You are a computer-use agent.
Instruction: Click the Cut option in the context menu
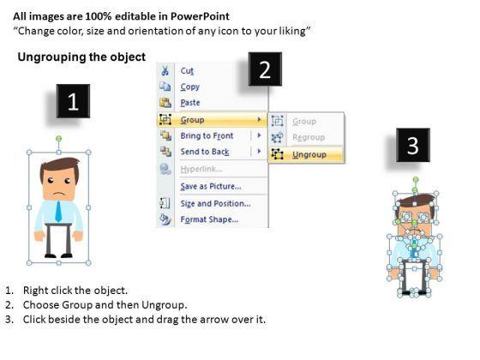tap(187, 70)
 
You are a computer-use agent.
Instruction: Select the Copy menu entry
tap(189, 87)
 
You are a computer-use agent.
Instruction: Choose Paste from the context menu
tap(190, 103)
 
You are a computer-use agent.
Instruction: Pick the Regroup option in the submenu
tap(309, 137)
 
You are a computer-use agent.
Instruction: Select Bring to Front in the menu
tap(207, 135)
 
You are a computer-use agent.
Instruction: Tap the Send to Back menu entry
tap(205, 152)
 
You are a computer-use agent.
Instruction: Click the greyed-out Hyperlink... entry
tap(201, 169)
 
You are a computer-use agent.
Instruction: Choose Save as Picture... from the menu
tap(211, 186)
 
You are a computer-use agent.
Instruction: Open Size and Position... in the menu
tap(215, 203)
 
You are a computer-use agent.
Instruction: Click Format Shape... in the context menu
tap(209, 219)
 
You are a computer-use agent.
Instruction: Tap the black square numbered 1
tap(73, 101)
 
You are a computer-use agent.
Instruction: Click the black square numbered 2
tap(265, 69)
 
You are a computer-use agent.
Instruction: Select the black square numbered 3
tap(413, 145)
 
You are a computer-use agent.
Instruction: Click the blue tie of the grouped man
tap(58, 211)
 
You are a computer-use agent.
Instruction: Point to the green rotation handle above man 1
tap(59, 139)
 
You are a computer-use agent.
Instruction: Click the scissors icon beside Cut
tap(165, 70)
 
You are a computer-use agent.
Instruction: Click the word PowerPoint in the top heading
tap(200, 16)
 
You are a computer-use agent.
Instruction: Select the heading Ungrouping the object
tap(81, 57)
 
